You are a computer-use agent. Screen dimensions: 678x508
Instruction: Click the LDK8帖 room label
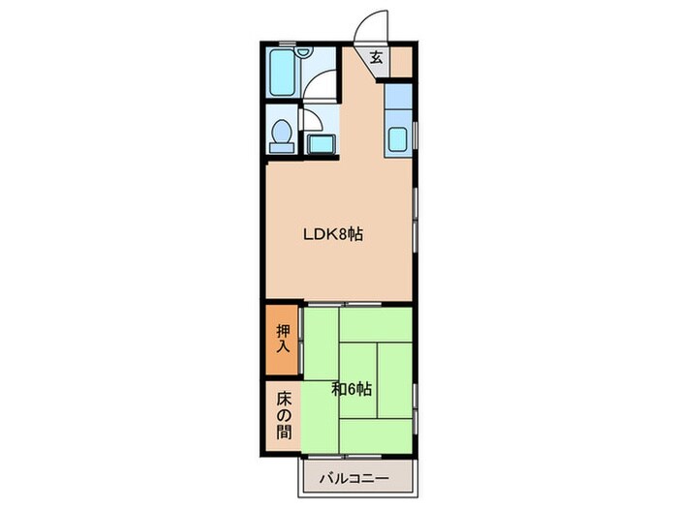point(332,234)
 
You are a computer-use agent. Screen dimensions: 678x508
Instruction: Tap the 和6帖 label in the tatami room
point(352,390)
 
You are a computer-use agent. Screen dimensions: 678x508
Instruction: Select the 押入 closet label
point(283,339)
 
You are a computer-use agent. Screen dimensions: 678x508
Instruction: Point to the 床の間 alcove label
point(284,415)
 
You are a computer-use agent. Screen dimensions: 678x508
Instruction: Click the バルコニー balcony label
point(354,479)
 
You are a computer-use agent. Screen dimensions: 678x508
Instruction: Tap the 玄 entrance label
point(377,57)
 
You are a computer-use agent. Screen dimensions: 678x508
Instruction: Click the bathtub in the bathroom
point(283,73)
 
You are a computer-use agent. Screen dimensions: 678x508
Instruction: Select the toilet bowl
point(282,131)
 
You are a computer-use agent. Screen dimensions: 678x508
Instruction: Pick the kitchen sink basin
point(397,138)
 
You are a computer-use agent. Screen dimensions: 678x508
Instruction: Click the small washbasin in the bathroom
point(304,52)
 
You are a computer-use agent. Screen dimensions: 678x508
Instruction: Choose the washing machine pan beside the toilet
point(322,143)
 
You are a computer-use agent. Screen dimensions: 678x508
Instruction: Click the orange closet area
point(282,340)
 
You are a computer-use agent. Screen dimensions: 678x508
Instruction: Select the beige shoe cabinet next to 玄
point(401,61)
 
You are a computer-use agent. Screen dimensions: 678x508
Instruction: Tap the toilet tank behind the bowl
point(282,147)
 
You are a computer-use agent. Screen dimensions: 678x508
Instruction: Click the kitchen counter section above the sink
point(398,97)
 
